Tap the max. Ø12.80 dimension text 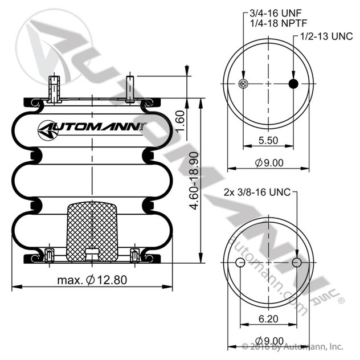92,280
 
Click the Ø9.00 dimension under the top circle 269,162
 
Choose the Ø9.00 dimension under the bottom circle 269,340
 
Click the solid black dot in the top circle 294,84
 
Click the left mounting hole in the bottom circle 241,263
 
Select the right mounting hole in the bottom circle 296,263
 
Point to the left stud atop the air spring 55,88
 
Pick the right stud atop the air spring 130,88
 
